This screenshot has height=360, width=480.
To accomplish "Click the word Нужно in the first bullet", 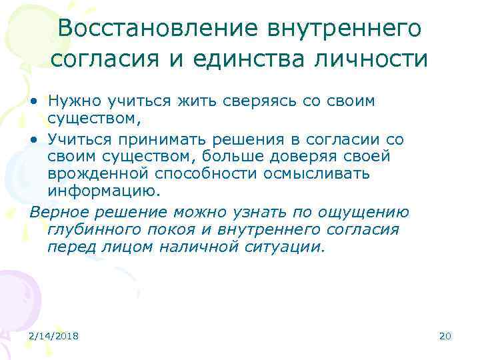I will pos(70,101).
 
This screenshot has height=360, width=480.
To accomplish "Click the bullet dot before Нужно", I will pos(33,102).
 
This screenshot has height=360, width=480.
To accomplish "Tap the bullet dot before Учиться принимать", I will pos(33,139).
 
